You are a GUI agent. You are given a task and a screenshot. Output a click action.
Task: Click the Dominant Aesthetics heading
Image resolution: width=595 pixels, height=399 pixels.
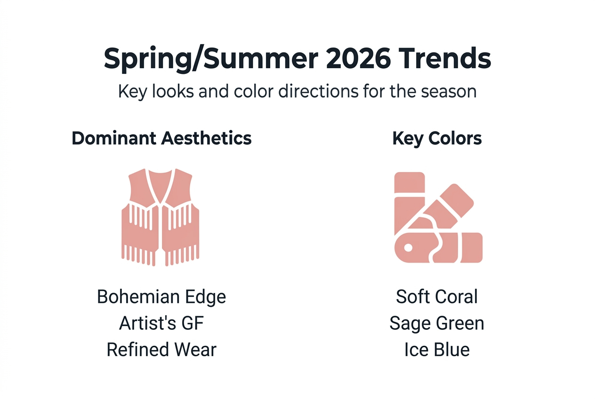pos(161,138)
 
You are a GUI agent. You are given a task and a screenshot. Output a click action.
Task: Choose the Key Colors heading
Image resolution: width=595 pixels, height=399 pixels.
pos(437,138)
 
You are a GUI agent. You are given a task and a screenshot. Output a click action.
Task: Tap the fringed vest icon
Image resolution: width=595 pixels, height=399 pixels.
pos(161,217)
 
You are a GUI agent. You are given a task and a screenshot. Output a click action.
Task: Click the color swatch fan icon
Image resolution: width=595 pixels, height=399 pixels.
pos(437,217)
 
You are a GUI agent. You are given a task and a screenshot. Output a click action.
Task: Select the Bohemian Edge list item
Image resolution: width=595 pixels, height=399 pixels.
pos(161,297)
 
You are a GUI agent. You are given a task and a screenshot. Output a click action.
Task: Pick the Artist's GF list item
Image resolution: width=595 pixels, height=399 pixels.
pos(161,323)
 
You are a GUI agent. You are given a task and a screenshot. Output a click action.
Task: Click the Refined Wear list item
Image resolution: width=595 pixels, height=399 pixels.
pos(161,350)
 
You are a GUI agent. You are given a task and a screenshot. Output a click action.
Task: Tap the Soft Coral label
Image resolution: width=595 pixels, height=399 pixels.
pos(437,297)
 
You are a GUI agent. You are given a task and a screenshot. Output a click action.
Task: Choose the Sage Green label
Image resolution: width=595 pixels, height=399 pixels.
pos(437,323)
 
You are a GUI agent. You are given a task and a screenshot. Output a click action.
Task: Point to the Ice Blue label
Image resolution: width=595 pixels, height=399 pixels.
pos(437,350)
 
